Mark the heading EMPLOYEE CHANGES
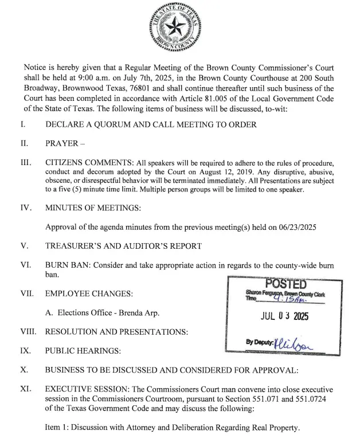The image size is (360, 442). coord(89,294)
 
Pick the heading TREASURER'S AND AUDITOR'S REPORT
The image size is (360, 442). coord(123,247)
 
